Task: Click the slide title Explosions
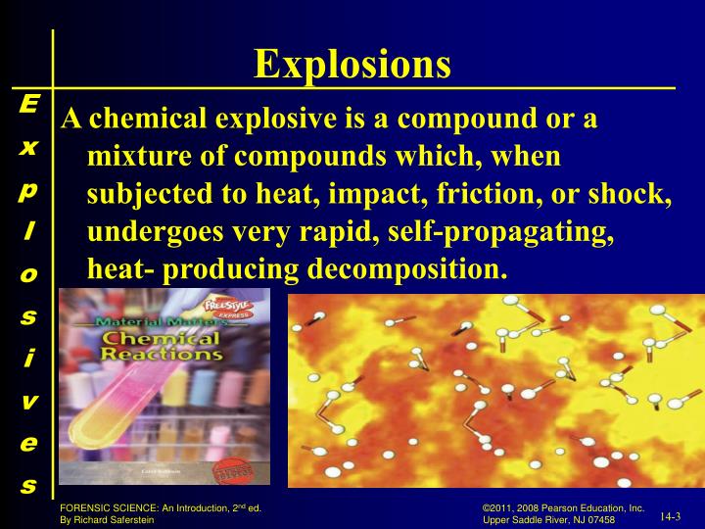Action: tap(352, 65)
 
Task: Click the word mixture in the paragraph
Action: tap(134, 157)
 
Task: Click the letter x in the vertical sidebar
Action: tap(28, 147)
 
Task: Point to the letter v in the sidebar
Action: tap(28, 401)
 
